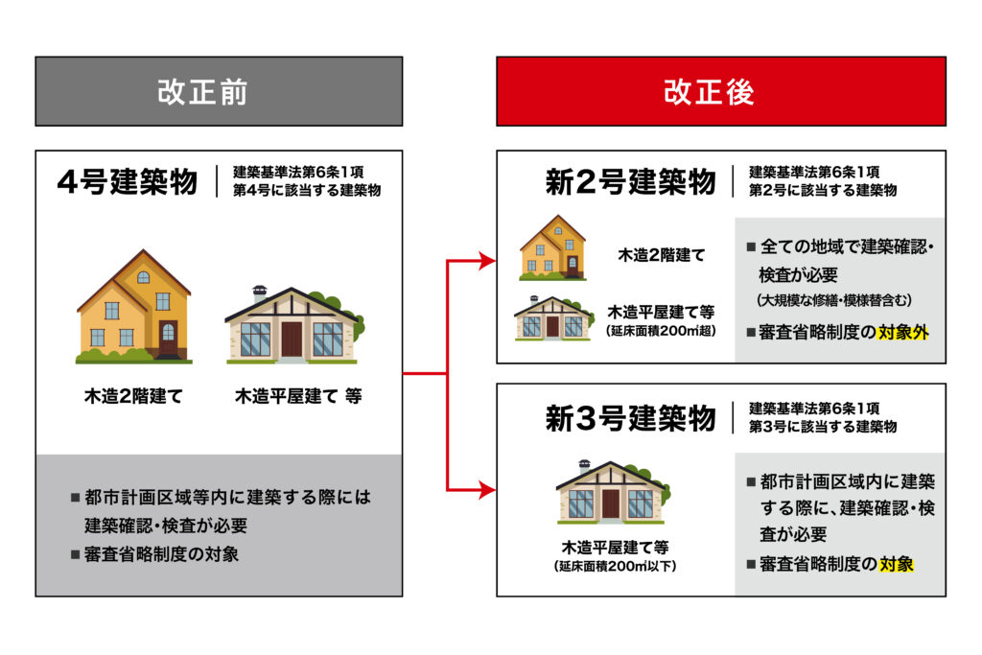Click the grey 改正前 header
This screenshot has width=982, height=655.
[219, 92]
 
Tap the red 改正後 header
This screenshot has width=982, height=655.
[720, 92]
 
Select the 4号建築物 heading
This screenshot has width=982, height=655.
[128, 181]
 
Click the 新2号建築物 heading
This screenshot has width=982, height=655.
[629, 182]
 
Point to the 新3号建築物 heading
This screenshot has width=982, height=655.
[629, 419]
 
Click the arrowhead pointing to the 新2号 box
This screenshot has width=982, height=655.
[488, 259]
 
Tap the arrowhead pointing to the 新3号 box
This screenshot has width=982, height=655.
[488, 490]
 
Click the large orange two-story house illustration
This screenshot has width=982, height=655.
[134, 307]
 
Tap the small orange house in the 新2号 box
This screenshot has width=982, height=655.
[552, 247]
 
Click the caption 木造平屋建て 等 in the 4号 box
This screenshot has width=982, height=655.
[298, 394]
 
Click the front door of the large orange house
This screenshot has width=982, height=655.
[169, 336]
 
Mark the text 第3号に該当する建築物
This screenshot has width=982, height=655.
[823, 426]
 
